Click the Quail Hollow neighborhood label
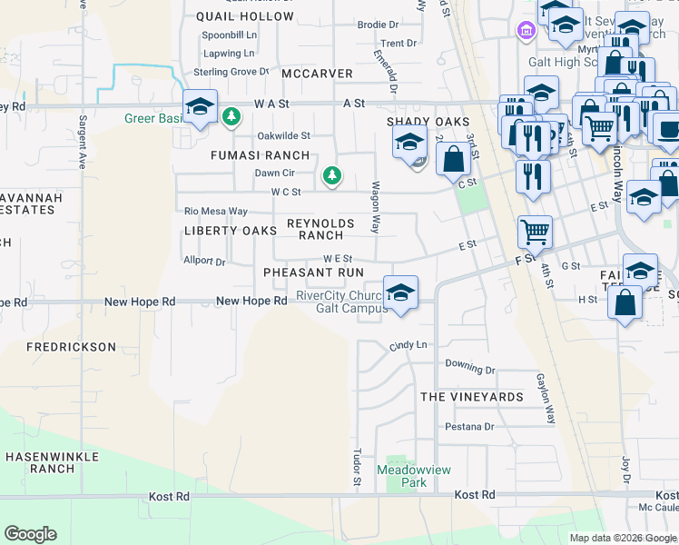[245, 16]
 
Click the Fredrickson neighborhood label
[71, 347]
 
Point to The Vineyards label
[471, 397]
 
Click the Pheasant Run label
[313, 272]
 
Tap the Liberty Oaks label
[231, 231]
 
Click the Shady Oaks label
[428, 122]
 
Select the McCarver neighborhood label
[316, 73]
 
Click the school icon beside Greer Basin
[200, 107]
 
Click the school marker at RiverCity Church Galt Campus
[399, 293]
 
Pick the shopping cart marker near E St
[536, 232]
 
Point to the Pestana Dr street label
[469, 426]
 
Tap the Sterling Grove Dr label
[231, 71]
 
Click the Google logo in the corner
[30, 534]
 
